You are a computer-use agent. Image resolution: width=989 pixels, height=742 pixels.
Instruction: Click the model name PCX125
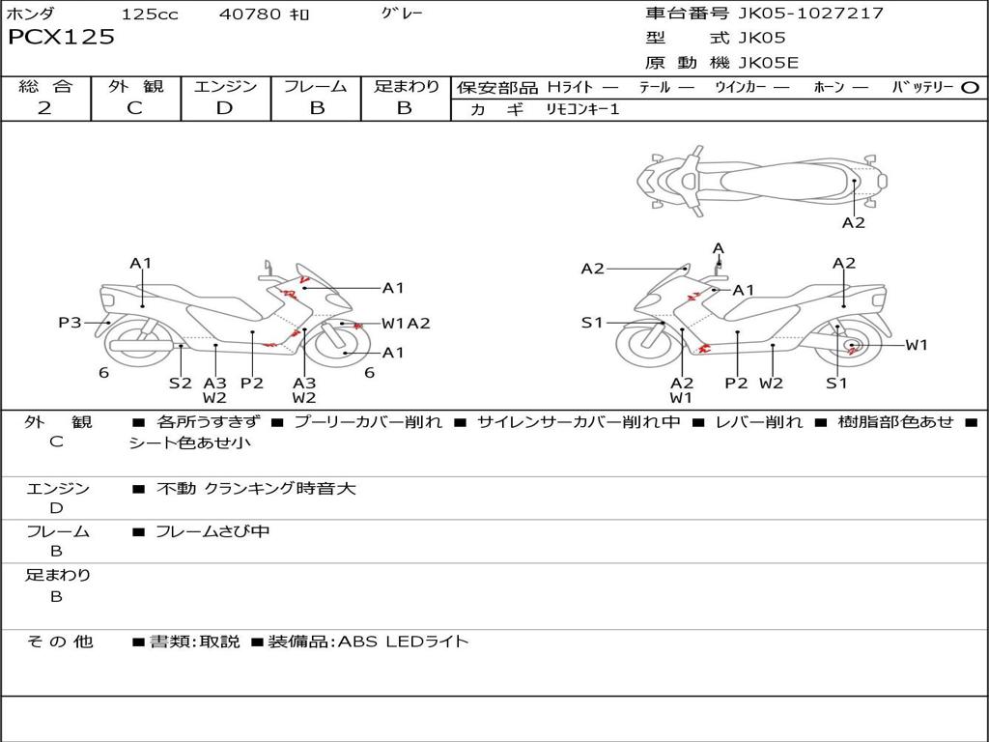coord(61,37)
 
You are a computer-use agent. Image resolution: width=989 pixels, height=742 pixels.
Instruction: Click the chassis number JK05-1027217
coord(810,14)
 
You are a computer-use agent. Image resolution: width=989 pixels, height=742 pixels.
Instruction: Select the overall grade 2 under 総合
coord(44,108)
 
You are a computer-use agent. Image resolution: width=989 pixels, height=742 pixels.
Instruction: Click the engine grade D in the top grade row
coord(224,108)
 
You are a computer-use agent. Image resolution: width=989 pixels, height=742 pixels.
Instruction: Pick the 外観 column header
coord(135,86)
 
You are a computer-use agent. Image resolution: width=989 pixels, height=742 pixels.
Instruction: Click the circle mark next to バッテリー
coord(970,88)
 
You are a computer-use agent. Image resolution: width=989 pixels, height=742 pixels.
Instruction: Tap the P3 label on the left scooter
coord(70,323)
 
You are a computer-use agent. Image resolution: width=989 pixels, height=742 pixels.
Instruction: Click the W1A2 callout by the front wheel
coord(406,323)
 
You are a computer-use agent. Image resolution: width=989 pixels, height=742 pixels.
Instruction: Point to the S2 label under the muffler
coord(180,383)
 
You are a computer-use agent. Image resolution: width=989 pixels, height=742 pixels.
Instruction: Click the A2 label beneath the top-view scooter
coord(854,223)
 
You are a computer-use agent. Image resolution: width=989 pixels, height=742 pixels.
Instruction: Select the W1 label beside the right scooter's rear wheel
coord(917,345)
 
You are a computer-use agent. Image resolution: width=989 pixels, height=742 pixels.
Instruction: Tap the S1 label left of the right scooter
coord(592,323)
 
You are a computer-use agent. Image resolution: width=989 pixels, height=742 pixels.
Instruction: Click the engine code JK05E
coord(768,63)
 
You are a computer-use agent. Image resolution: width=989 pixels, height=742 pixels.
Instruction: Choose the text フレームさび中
coord(212,531)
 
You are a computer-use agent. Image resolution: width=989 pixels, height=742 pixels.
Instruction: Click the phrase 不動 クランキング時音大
coord(256,488)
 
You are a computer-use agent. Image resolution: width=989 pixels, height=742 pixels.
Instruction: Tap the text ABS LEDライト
coord(404,642)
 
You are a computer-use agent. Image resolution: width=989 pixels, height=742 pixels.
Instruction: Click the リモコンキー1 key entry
coord(582,109)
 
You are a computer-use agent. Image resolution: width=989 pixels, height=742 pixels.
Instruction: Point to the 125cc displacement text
coord(150,14)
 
